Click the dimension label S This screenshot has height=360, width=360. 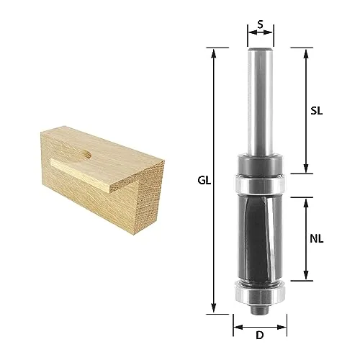coord(260,24)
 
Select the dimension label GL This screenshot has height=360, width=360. coord(204,181)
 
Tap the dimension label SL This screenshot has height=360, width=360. coord(317,111)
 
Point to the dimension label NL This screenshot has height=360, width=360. coord(317,239)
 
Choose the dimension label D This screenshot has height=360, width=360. coord(260,335)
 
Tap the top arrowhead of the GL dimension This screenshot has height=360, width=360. coord(214,53)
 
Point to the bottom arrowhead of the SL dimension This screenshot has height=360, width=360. coord(305,168)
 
